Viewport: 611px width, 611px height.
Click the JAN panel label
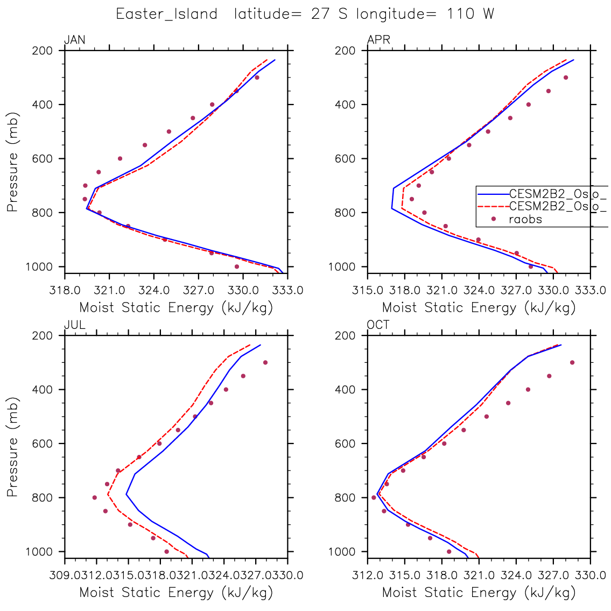pyautogui.click(x=74, y=40)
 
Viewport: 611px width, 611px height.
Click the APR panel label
pyautogui.click(x=378, y=40)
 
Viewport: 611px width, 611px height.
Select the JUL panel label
pyautogui.click(x=74, y=325)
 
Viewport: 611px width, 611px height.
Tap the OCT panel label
pyautogui.click(x=378, y=325)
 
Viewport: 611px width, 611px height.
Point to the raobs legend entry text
pyautogui.click(x=525, y=219)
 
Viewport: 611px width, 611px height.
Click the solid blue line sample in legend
pyautogui.click(x=493, y=194)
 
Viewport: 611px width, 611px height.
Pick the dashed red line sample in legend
pyautogui.click(x=493, y=206)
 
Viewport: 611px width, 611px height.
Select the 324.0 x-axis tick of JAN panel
pyautogui.click(x=153, y=291)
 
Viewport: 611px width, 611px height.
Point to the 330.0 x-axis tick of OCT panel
pyautogui.click(x=591, y=575)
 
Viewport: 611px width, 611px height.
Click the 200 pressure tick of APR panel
pyautogui.click(x=348, y=51)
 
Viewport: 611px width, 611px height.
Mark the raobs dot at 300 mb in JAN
pyautogui.click(x=257, y=78)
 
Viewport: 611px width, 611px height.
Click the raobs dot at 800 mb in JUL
pyautogui.click(x=95, y=497)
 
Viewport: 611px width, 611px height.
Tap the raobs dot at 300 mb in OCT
pyautogui.click(x=572, y=362)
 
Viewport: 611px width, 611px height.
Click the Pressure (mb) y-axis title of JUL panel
pyautogui.click(x=13, y=447)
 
